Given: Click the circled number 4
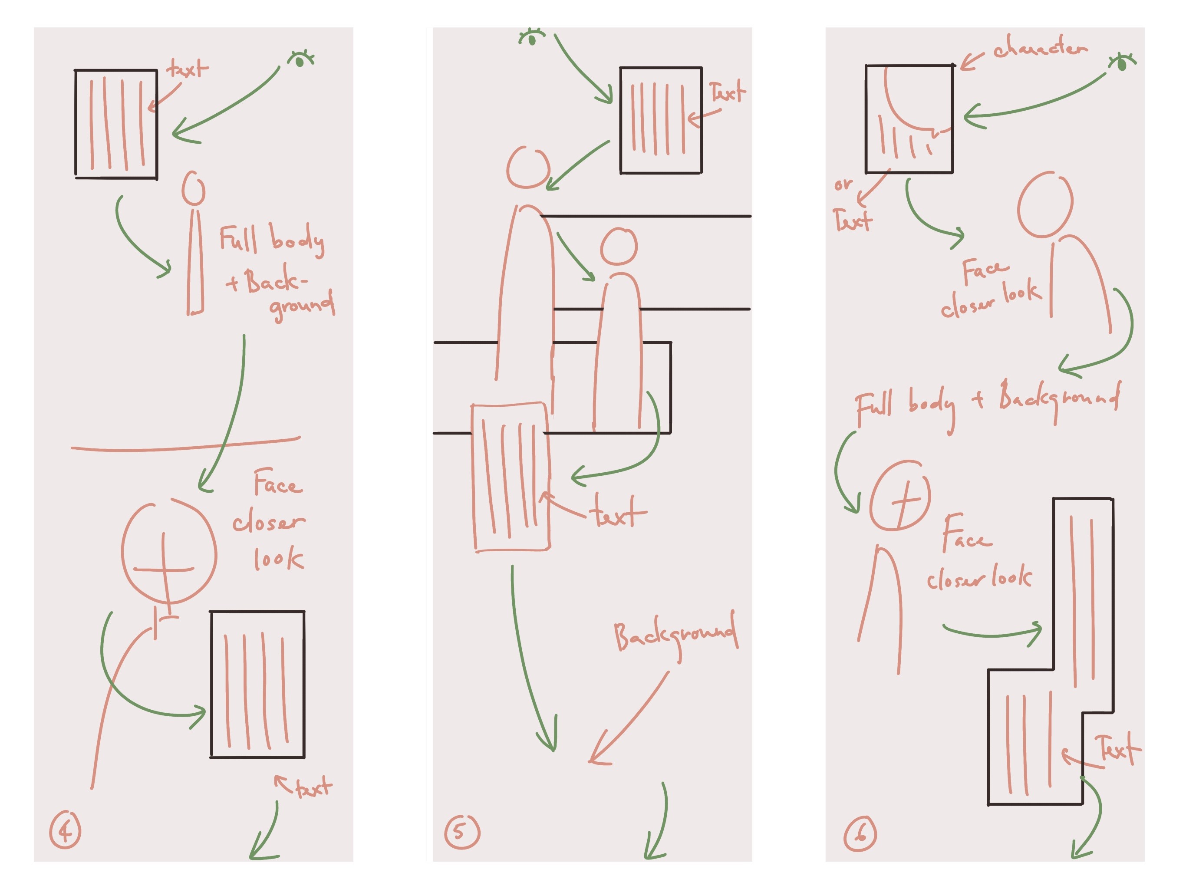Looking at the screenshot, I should pyautogui.click(x=65, y=830).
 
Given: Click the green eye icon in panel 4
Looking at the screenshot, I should pyautogui.click(x=301, y=59).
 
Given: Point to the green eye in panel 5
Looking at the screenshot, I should pyautogui.click(x=532, y=37).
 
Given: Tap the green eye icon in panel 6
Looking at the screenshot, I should pyautogui.click(x=1121, y=63).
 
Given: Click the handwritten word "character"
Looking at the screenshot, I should pyautogui.click(x=1040, y=48).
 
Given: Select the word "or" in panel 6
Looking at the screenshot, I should pyautogui.click(x=843, y=184).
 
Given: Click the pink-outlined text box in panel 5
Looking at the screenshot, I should pyautogui.click(x=511, y=477).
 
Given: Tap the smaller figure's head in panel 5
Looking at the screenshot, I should pyautogui.click(x=619, y=247).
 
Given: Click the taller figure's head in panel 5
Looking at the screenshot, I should pyautogui.click(x=528, y=167).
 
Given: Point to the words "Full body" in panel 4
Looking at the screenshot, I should pyautogui.click(x=271, y=240).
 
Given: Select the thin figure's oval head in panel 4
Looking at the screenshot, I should pyautogui.click(x=194, y=188).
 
